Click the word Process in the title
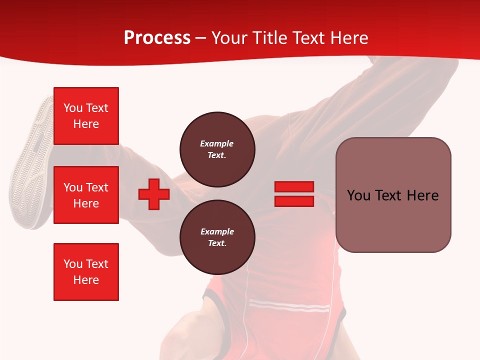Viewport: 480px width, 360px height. point(157,38)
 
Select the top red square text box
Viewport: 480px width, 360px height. point(86,116)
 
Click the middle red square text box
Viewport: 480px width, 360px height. point(86,195)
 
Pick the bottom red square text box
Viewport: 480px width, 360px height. point(86,272)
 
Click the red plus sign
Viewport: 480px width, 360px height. point(154,194)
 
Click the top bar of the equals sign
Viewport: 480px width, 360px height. point(294,186)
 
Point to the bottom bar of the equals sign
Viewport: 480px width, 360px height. point(294,201)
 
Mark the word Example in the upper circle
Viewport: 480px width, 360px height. point(217,143)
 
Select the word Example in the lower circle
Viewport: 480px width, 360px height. point(217,231)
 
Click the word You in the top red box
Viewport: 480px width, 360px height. point(72,108)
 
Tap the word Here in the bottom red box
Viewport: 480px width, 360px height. point(86,280)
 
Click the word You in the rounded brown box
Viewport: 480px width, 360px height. point(358,195)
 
